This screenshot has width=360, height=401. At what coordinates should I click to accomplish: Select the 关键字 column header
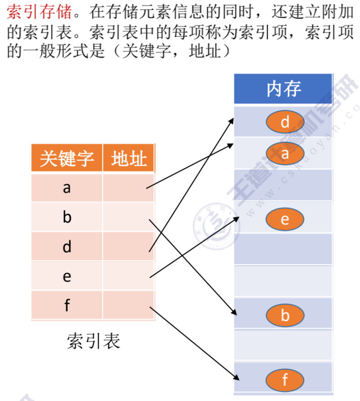coord(67,159)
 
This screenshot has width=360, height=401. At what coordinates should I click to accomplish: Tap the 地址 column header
coord(129,159)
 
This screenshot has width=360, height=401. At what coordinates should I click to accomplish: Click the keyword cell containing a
coord(67,187)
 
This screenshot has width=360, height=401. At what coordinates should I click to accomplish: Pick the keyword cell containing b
coord(67,217)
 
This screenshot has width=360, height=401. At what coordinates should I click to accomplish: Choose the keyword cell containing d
coord(67,247)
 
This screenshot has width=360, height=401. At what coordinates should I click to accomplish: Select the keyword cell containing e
coord(67,276)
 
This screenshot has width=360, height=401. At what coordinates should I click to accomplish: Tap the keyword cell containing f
coord(67,305)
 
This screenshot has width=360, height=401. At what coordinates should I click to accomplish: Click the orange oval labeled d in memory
coord(285,122)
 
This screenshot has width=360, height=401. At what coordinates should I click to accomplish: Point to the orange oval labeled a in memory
coord(285,154)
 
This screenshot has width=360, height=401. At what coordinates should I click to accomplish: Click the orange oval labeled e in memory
coord(285,219)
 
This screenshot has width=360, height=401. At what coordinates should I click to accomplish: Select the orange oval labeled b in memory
coord(285,315)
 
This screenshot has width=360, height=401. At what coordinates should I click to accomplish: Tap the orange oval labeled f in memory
coord(285,380)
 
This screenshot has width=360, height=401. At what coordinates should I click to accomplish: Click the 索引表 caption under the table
coord(94,341)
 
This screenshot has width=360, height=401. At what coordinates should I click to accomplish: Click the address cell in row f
coord(129,305)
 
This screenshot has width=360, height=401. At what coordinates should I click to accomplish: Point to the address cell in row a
coord(129,187)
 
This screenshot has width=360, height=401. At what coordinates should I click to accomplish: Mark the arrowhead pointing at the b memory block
coord(234,313)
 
